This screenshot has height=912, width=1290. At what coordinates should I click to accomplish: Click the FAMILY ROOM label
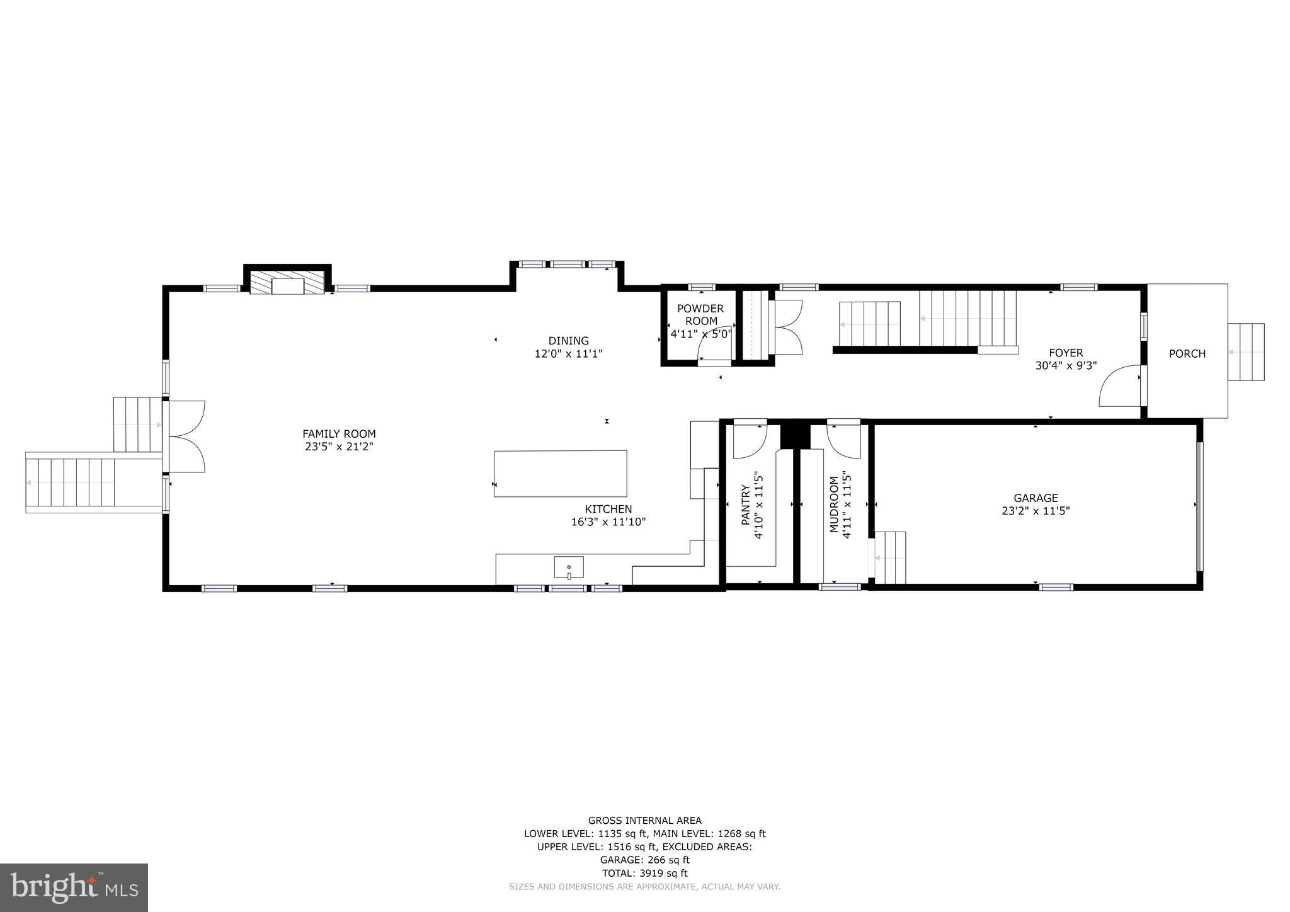(x=339, y=433)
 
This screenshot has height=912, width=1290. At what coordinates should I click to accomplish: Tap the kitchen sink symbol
(x=569, y=567)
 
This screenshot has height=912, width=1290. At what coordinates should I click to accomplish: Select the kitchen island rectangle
(x=560, y=474)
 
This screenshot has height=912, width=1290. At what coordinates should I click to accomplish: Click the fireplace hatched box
(x=287, y=282)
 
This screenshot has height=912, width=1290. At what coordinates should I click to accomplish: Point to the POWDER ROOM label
(x=700, y=314)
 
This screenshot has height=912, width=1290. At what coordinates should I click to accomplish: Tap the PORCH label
(x=1187, y=354)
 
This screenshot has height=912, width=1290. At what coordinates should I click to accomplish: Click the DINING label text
(x=568, y=341)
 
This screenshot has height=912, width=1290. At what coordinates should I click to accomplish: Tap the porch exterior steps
(x=1246, y=352)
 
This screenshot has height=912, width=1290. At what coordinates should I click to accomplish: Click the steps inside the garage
(x=889, y=558)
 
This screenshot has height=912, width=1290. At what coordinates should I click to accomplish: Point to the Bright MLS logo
(x=74, y=887)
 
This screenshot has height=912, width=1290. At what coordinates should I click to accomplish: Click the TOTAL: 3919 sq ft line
(x=644, y=873)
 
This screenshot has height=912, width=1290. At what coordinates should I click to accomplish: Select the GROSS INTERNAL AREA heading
(x=644, y=820)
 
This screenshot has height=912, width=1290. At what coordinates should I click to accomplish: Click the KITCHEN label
(x=608, y=509)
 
